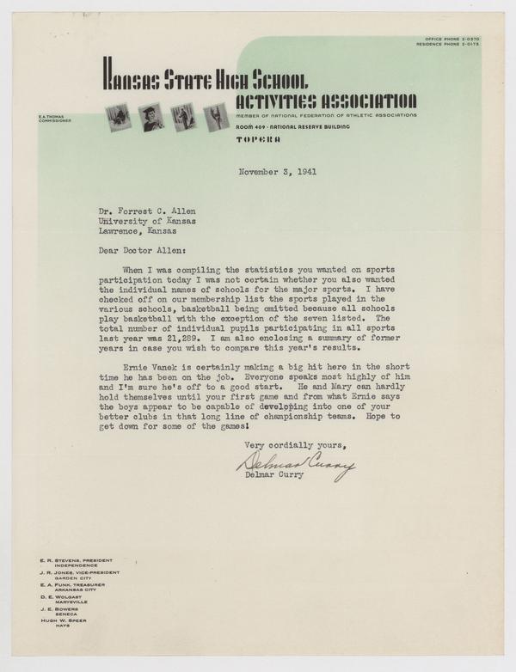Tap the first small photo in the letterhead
coord(118,117)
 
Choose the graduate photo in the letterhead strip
coord(150,117)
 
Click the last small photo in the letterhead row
coord(212,117)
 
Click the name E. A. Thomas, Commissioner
coord(54,118)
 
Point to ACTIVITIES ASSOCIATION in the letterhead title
coord(326,101)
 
